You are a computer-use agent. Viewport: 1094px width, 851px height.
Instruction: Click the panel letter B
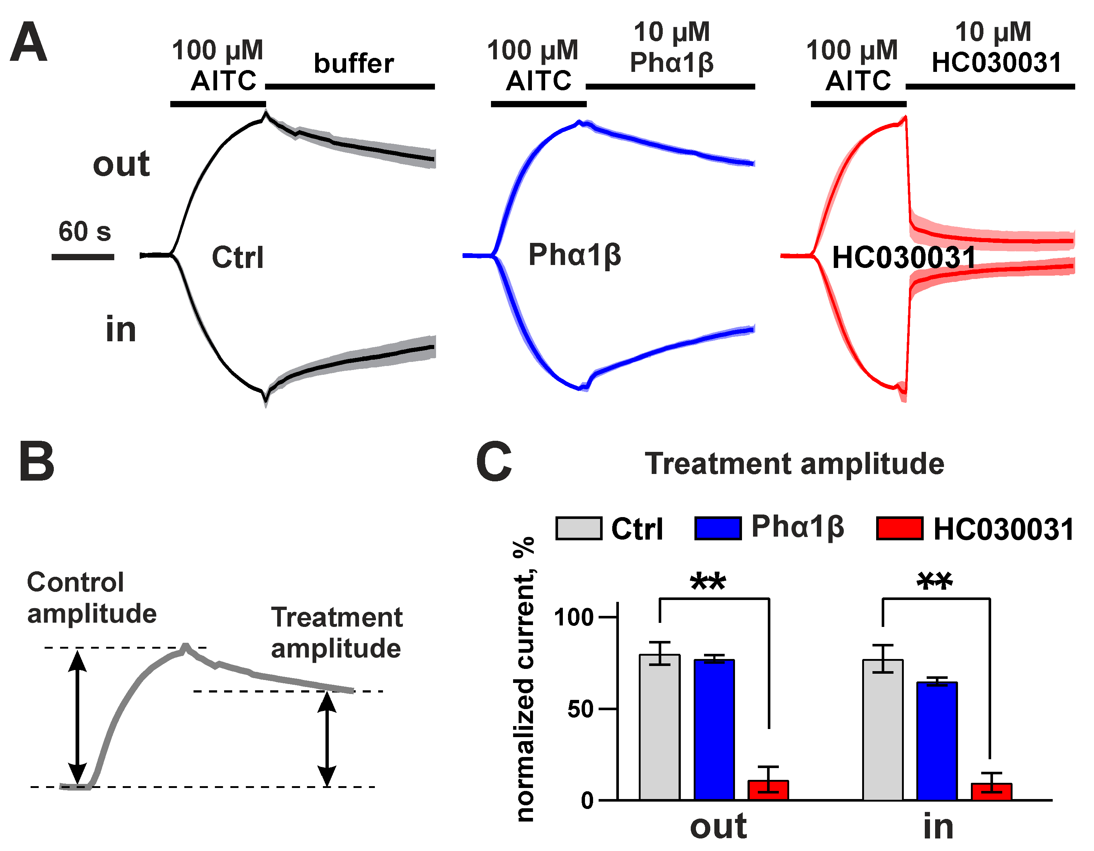point(36,461)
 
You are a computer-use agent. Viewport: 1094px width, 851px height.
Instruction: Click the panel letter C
point(494,462)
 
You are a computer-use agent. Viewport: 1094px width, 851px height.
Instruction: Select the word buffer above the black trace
point(353,64)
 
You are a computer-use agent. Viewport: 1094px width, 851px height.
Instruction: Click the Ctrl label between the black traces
point(237,258)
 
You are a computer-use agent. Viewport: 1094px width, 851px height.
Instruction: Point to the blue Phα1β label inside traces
point(575,255)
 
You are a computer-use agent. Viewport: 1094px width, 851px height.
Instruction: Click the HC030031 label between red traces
point(904,258)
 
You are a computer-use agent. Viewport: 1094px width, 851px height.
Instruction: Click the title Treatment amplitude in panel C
point(794,463)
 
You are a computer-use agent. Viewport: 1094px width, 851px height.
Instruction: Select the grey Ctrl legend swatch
point(579,529)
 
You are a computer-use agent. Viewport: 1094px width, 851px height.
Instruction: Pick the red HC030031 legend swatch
point(899,529)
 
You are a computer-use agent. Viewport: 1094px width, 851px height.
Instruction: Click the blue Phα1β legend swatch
point(717,529)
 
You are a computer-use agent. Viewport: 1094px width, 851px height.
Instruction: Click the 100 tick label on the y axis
point(574,617)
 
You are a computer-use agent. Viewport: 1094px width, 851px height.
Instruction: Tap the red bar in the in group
point(991,792)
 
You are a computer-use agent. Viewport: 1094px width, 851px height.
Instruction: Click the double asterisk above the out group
point(708,582)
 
